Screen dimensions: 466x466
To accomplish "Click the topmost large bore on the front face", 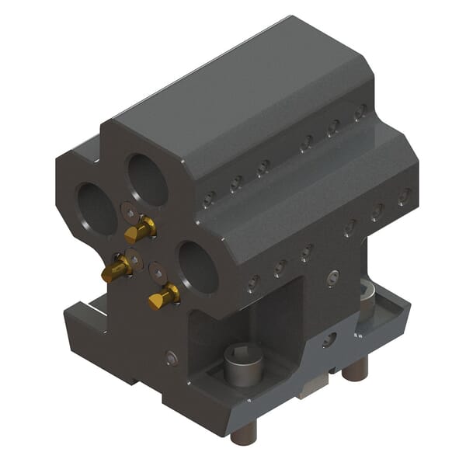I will (x=148, y=179).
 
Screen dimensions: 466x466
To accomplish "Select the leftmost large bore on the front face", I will (x=97, y=207).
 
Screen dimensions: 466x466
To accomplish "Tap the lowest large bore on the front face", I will (x=198, y=266).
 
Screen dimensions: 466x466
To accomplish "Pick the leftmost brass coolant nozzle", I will (x=116, y=269).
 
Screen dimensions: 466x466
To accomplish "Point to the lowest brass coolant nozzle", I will (x=165, y=296).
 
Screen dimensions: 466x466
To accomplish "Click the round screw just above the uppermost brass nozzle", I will (x=129, y=211).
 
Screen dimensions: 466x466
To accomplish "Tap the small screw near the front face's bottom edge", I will (x=172, y=358).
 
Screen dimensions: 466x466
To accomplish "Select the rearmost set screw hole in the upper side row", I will (x=360, y=112).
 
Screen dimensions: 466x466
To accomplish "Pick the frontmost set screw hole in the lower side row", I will (x=252, y=284).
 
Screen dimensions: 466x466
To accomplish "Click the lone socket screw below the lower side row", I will (x=333, y=277).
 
